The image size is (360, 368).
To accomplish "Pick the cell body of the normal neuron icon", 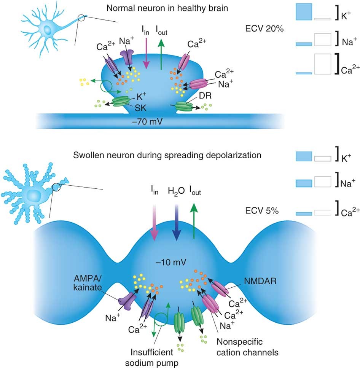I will tap(48, 30).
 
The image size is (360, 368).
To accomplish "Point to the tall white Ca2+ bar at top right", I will tap(323, 64).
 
